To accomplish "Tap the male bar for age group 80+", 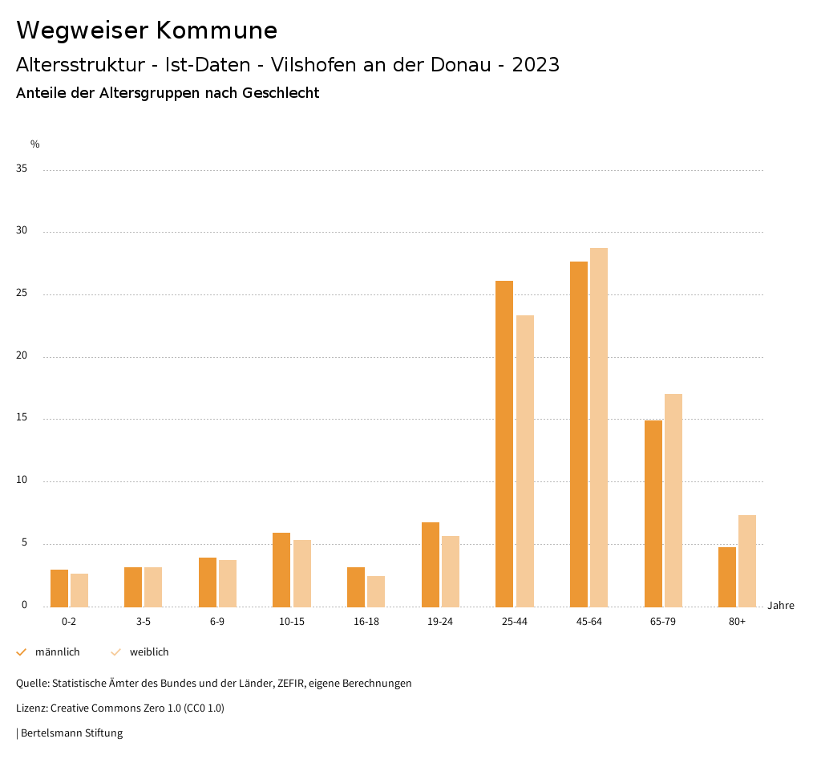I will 727,577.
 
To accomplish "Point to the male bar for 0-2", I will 59,588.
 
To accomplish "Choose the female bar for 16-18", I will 376,591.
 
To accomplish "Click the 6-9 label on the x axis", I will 217,622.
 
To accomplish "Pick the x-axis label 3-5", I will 144,622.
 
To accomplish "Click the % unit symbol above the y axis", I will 35,144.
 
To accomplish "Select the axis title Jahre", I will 780,606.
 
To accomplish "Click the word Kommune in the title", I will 216,30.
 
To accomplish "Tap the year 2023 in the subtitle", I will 536,65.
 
